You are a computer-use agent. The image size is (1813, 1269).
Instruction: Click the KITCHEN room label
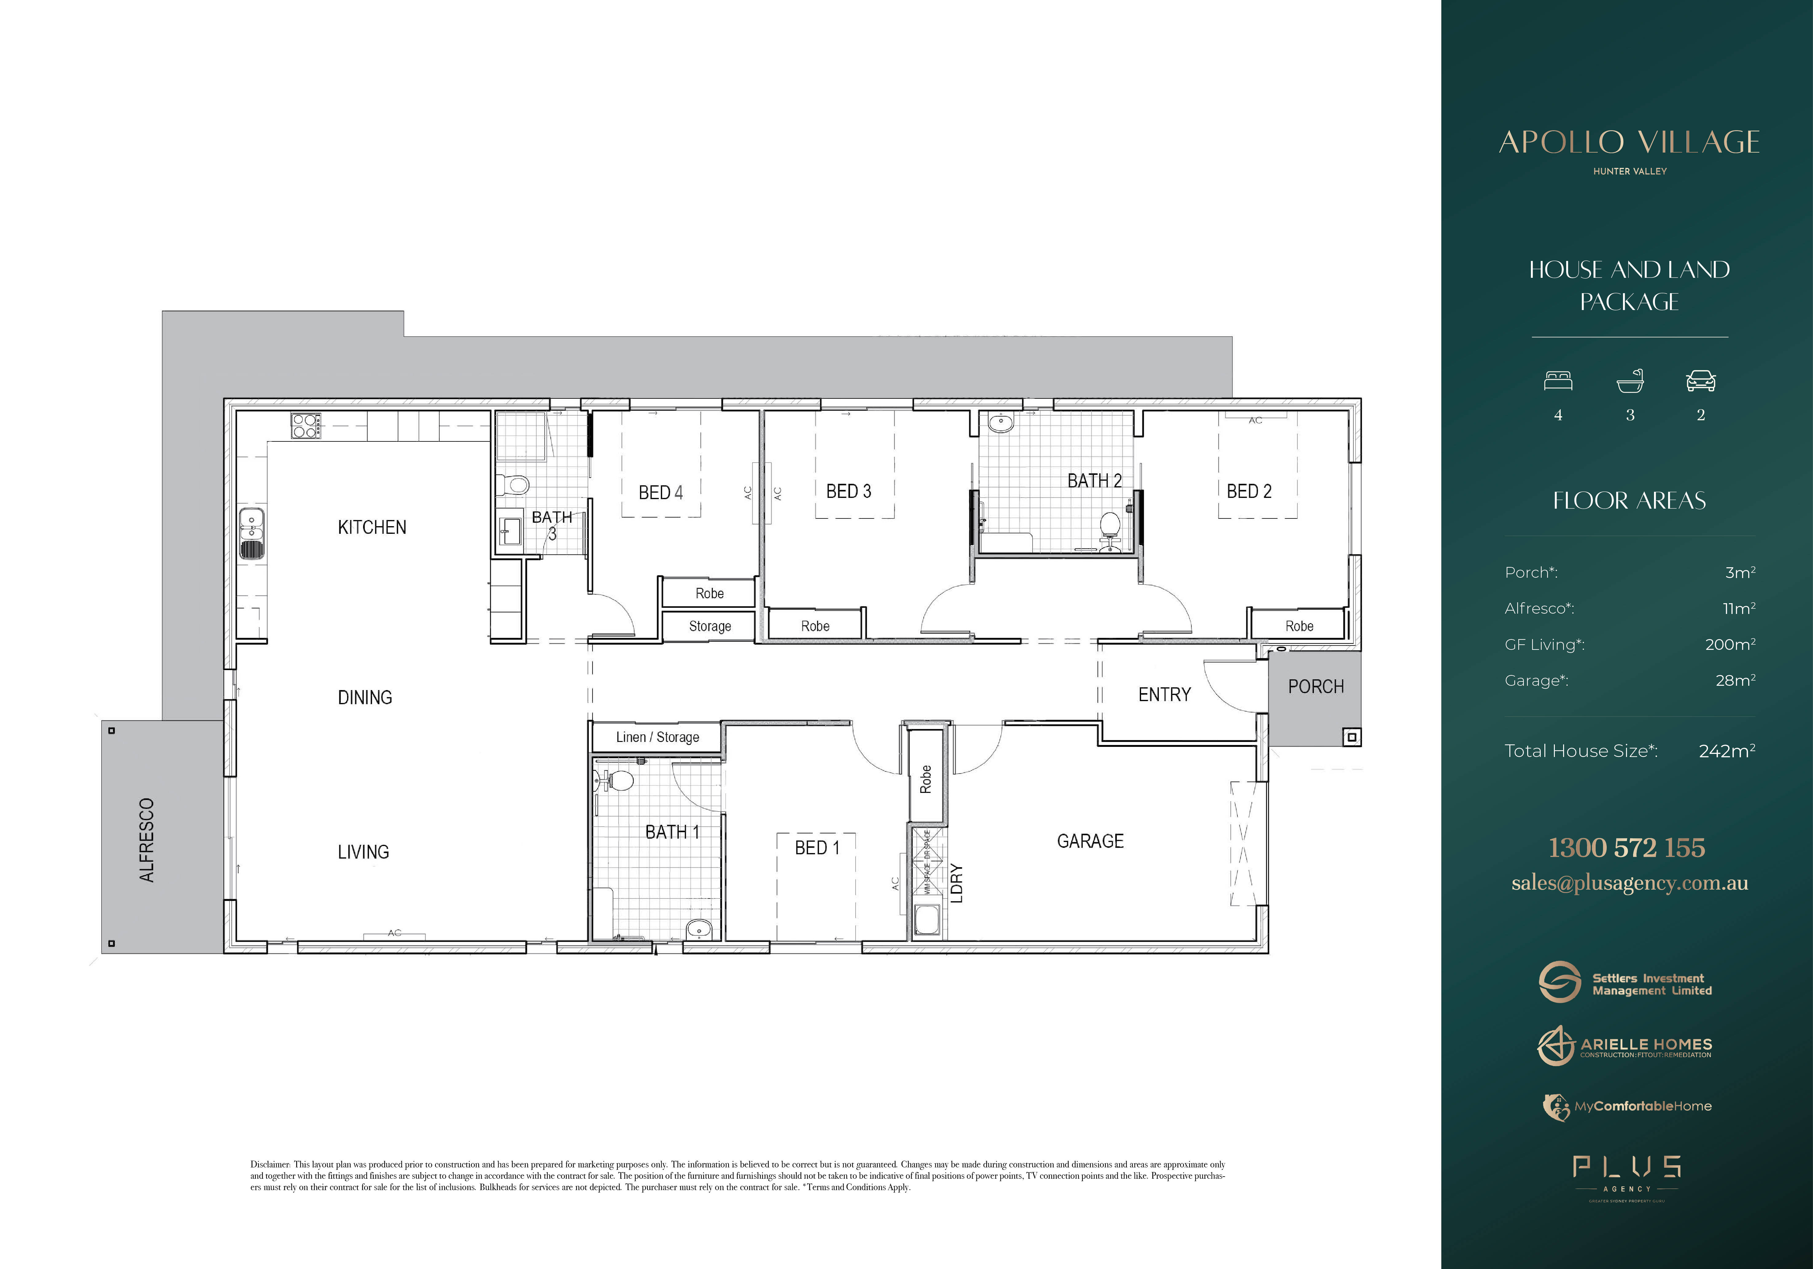pyautogui.click(x=372, y=527)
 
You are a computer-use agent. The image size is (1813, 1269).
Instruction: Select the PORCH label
pyautogui.click(x=1315, y=687)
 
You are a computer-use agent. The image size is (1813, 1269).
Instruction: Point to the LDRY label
pyautogui.click(x=956, y=883)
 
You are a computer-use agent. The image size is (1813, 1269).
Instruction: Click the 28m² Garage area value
pyautogui.click(x=1735, y=681)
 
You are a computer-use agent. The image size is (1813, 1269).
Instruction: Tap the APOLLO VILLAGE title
pyautogui.click(x=1629, y=143)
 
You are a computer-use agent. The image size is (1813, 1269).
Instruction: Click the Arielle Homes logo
pyautogui.click(x=1625, y=1046)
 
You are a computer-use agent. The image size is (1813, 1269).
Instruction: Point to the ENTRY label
pyautogui.click(x=1164, y=695)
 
